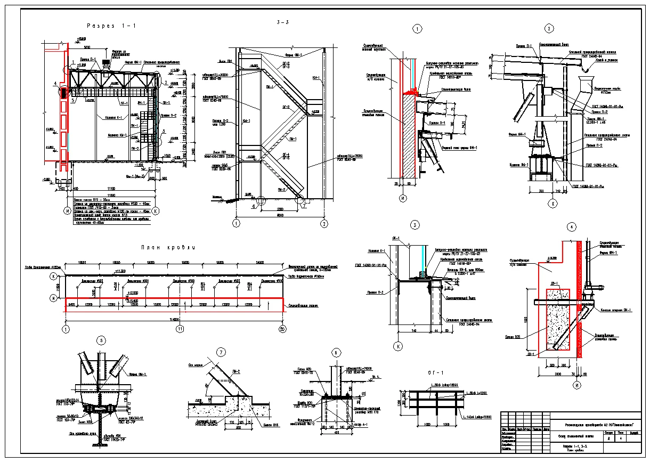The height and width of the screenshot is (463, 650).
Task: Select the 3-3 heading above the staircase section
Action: pyautogui.click(x=282, y=22)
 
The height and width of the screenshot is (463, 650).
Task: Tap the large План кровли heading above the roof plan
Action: pyautogui.click(x=168, y=247)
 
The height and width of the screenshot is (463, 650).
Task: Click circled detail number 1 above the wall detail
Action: pyautogui.click(x=417, y=29)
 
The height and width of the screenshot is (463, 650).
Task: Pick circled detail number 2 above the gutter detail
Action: pyautogui.click(x=548, y=29)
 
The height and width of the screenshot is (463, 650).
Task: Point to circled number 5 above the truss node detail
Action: pyautogui.click(x=102, y=340)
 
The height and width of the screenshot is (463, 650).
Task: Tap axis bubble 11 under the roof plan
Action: pyautogui.click(x=181, y=329)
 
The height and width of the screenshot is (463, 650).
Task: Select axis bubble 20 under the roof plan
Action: pyautogui.click(x=282, y=329)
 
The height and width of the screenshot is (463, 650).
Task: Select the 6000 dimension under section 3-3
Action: pyautogui.click(x=279, y=215)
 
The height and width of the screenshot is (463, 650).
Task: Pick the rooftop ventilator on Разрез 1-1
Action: pyautogui.click(x=106, y=62)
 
